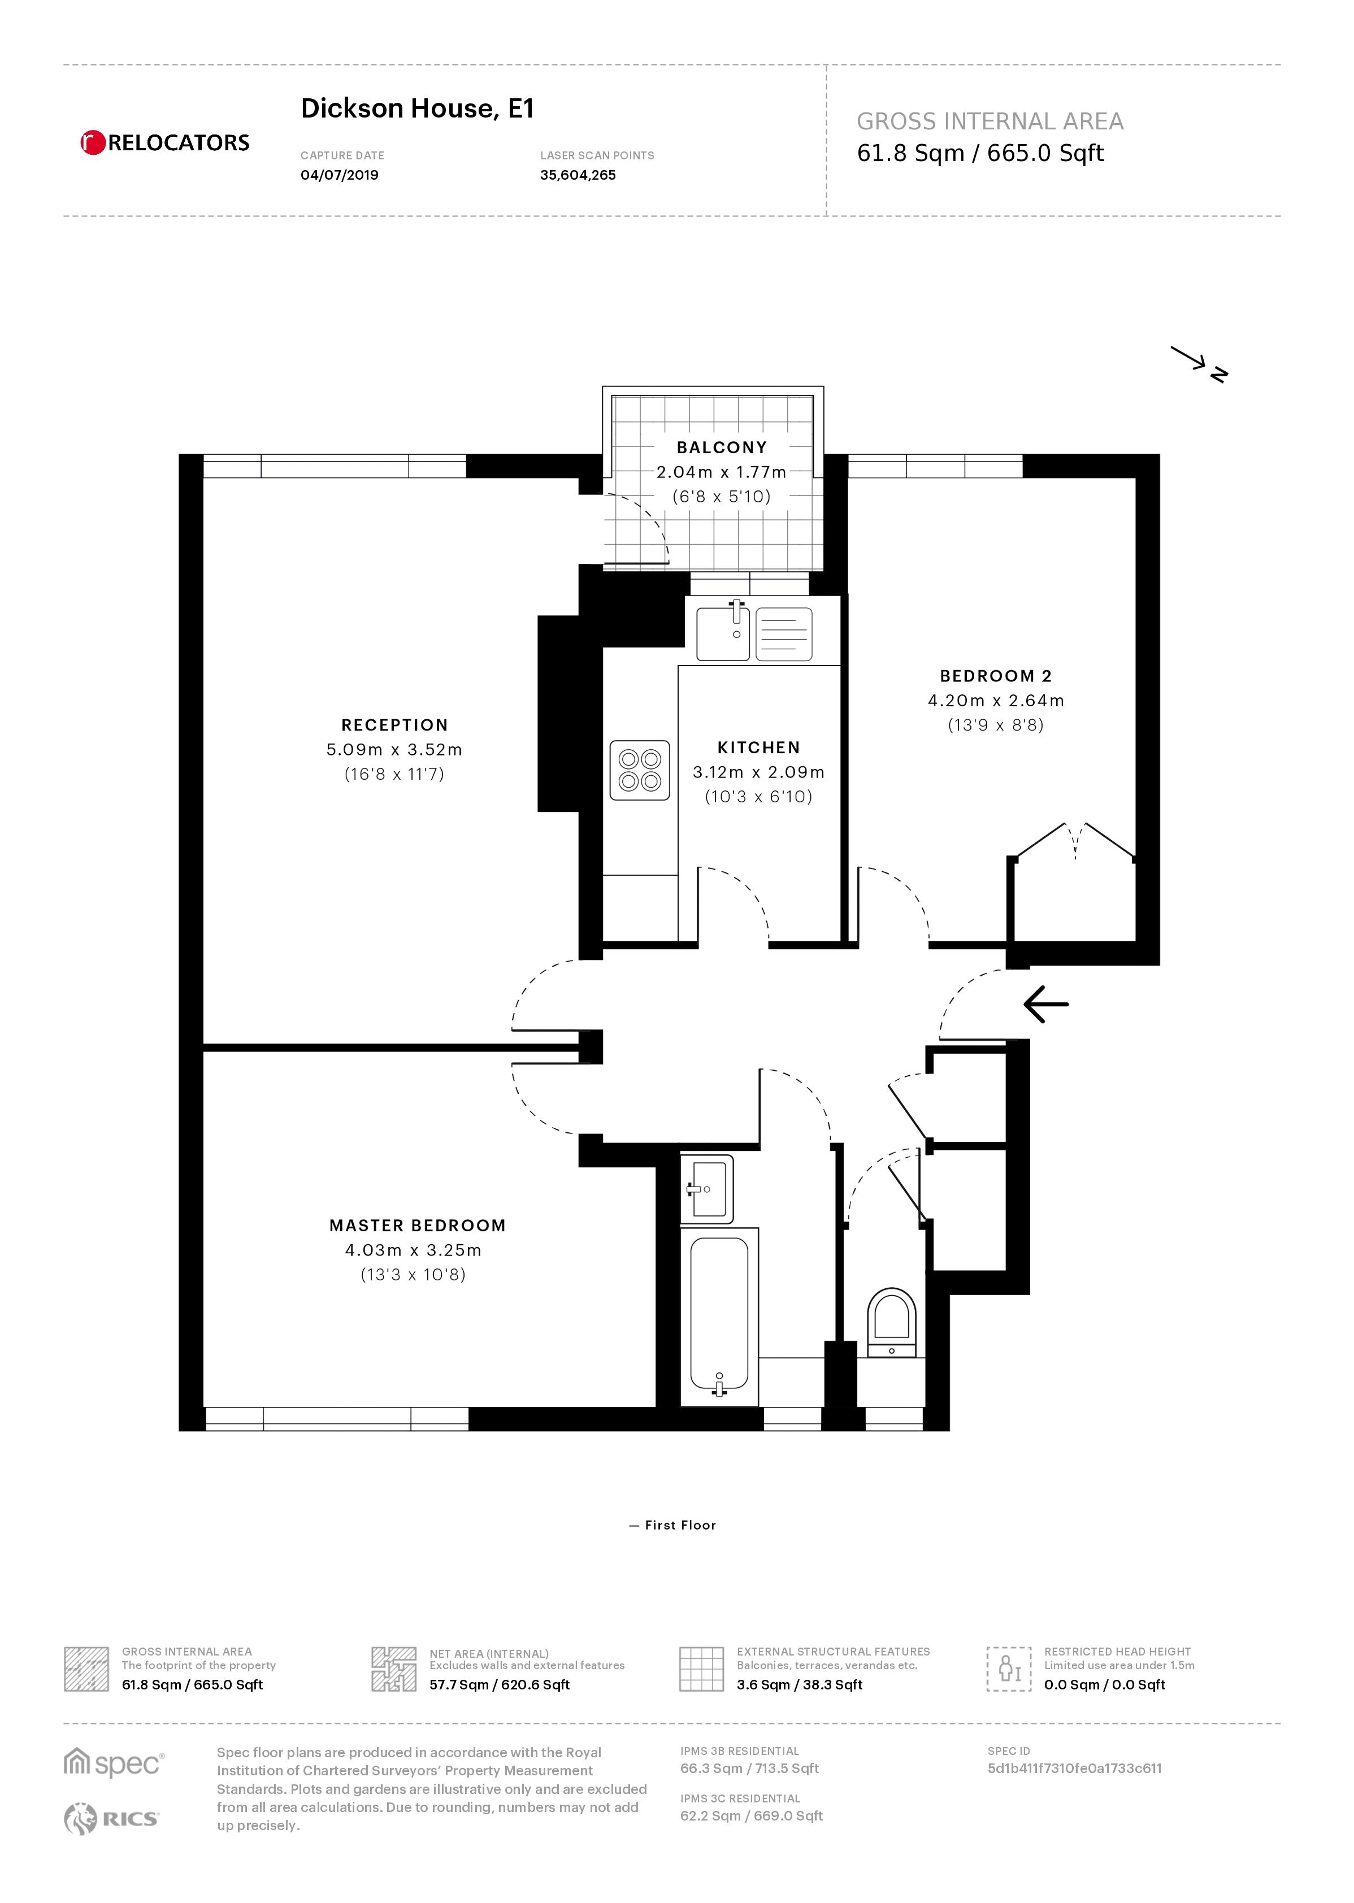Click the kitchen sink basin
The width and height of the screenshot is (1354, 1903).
723,633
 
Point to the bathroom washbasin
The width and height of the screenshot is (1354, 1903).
707,1189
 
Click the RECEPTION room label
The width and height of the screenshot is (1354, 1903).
394,725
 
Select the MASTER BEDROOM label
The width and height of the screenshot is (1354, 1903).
418,1226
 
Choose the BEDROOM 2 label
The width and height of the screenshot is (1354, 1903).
996,676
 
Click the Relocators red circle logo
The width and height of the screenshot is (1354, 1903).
93,142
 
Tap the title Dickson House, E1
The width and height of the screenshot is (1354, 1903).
417,108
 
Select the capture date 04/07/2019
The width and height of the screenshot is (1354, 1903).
339,175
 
